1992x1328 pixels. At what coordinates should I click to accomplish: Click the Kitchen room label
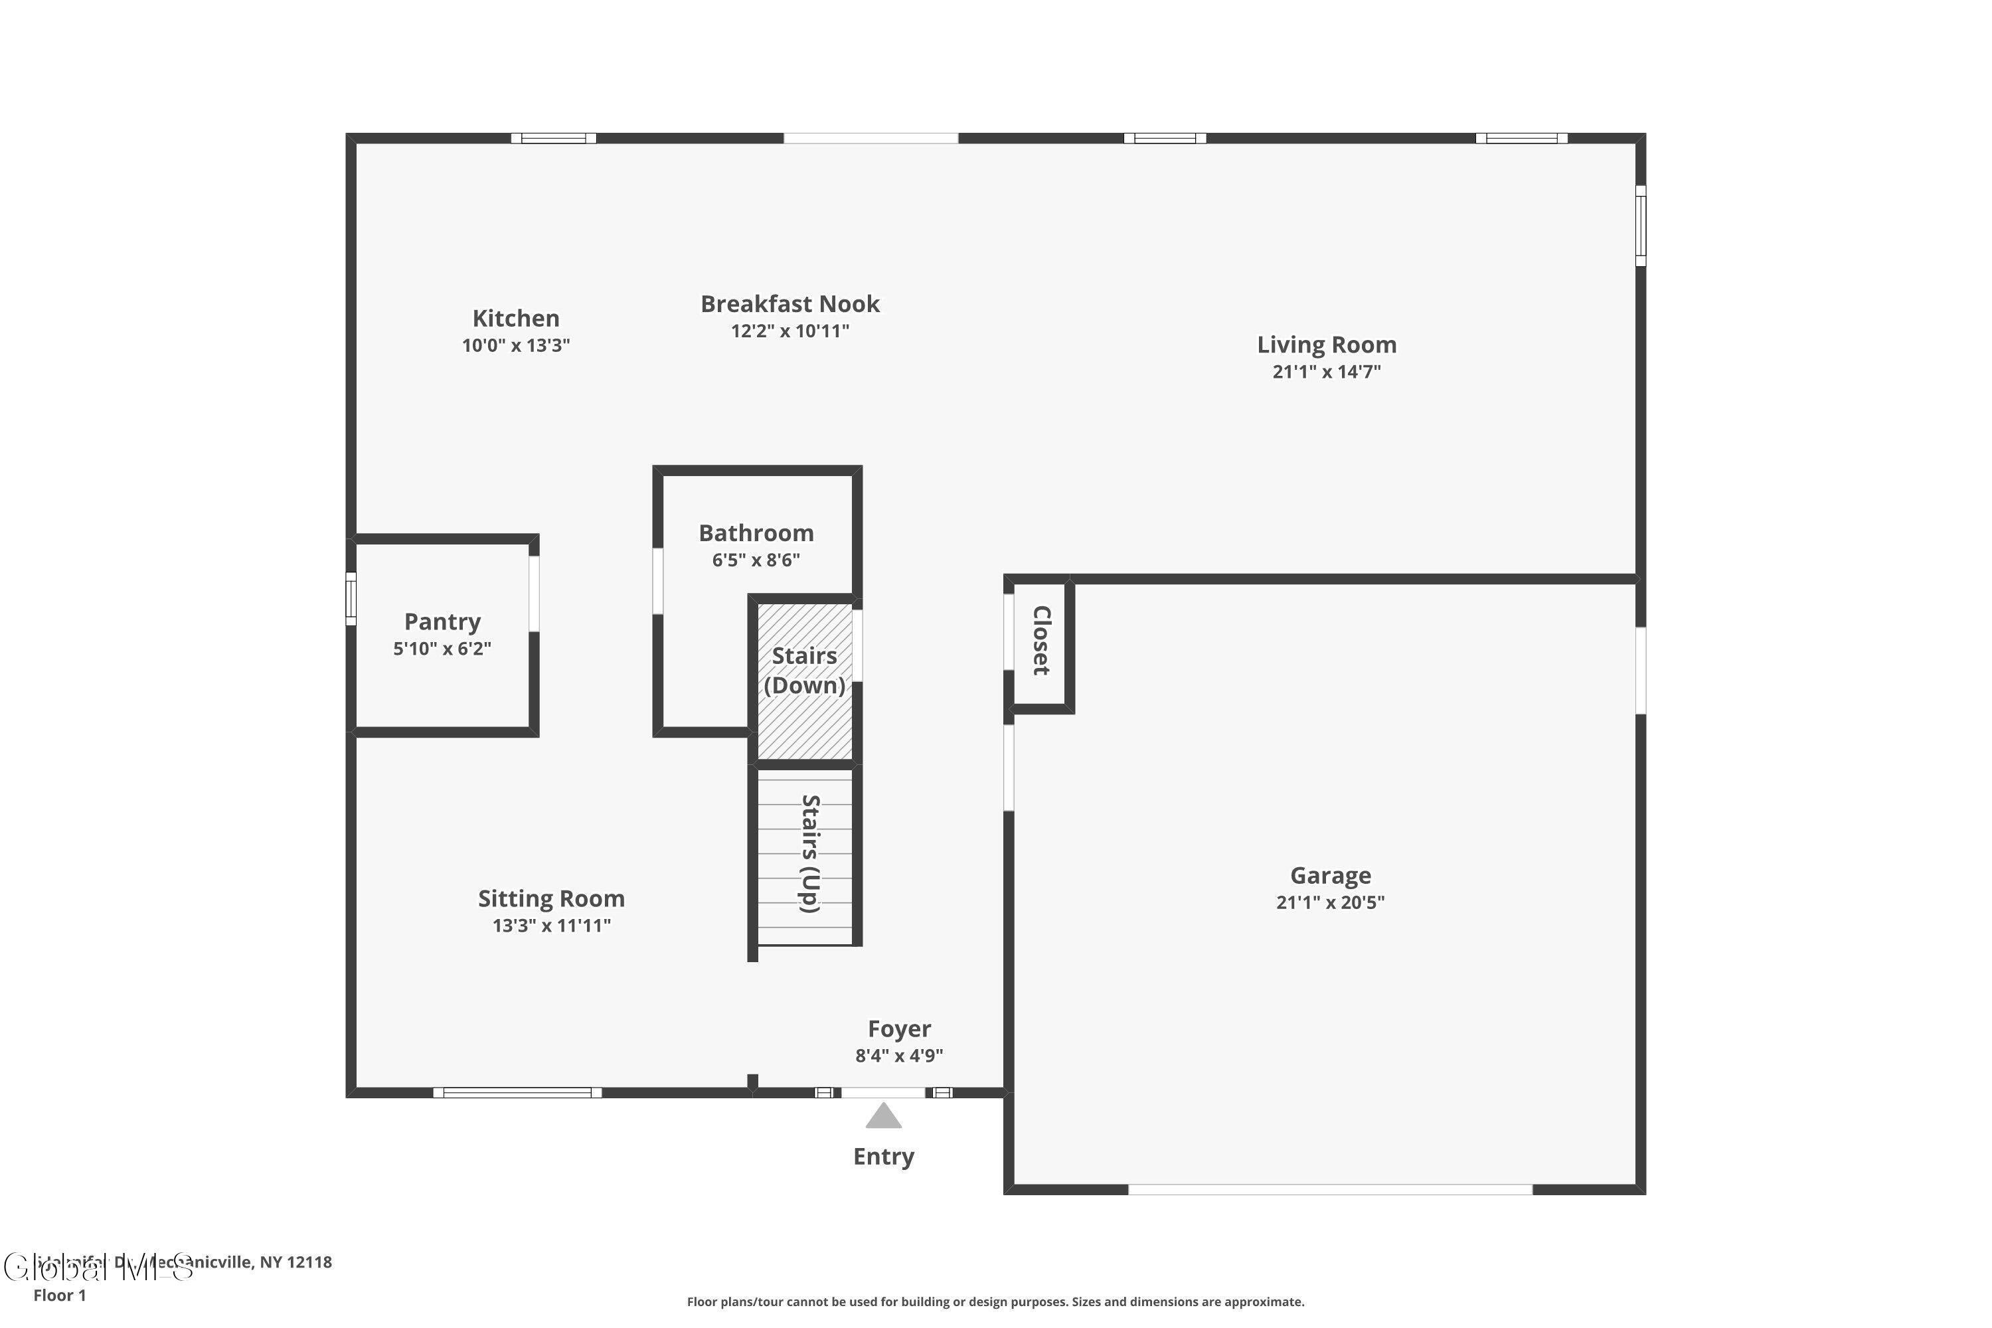click(515, 319)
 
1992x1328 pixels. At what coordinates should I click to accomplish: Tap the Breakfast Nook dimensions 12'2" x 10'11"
click(789, 331)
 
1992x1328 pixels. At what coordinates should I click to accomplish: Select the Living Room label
click(1325, 345)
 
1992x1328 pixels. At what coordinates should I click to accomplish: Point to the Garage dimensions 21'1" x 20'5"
click(1330, 903)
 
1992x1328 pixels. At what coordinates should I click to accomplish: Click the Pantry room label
click(442, 622)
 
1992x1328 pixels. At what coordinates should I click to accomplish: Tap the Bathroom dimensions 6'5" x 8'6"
click(756, 560)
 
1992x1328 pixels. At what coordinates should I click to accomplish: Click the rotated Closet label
click(1041, 640)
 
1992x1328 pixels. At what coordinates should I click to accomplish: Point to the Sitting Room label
click(550, 898)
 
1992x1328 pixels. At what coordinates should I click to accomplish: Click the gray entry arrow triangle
click(882, 1117)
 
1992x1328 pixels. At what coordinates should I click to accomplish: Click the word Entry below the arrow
click(882, 1157)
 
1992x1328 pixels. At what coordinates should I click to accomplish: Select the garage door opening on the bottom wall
click(1330, 1190)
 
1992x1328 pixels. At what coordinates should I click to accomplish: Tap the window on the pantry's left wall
click(351, 599)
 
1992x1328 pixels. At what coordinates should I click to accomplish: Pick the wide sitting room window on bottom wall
click(517, 1092)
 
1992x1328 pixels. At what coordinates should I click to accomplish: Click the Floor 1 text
click(59, 1295)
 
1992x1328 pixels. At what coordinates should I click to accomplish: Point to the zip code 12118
click(309, 1262)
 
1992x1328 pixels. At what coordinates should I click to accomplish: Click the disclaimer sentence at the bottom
click(995, 1301)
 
